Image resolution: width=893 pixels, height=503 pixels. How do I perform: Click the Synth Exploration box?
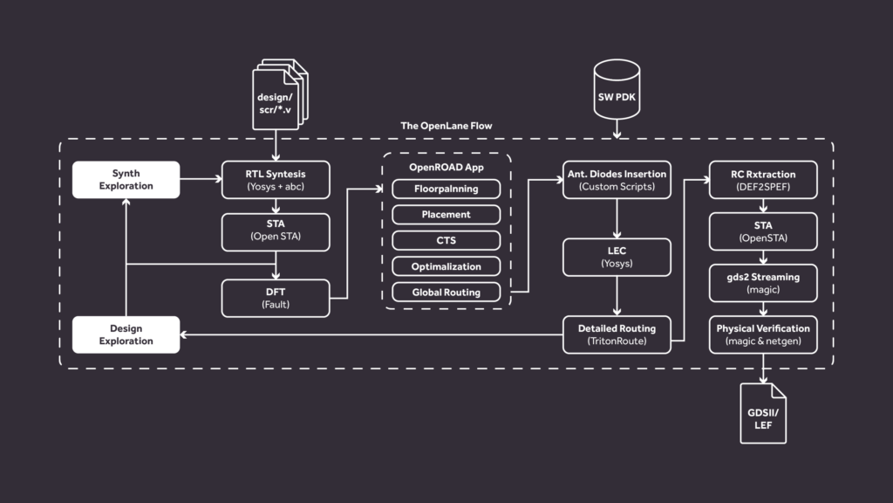coord(126,180)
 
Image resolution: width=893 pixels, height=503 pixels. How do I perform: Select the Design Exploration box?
coord(126,334)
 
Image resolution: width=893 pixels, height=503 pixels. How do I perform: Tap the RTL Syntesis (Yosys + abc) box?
coord(276,180)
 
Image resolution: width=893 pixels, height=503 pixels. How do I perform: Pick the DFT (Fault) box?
coord(276,299)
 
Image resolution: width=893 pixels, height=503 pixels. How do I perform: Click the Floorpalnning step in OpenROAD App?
coord(446,189)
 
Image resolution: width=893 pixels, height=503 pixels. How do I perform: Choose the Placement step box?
coord(446,215)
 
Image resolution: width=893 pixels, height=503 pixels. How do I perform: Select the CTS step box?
coord(446,241)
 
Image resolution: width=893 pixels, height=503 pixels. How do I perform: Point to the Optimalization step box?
coord(446,266)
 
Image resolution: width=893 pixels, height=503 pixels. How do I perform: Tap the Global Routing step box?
coord(446,292)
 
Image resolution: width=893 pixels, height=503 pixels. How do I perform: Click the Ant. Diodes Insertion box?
coord(617,180)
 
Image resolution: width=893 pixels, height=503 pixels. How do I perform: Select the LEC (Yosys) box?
coord(617,258)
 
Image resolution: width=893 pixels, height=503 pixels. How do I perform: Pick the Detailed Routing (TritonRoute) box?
coord(617,334)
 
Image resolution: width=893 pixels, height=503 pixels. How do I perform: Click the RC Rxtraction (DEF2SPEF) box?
coord(763,180)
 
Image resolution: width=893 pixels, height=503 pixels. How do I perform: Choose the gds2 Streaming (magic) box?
coord(763,283)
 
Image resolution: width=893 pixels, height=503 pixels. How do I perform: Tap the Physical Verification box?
coord(763,334)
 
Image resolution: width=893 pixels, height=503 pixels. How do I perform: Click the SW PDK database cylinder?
coord(617,90)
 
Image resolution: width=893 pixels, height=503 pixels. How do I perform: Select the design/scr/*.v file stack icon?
coord(280,94)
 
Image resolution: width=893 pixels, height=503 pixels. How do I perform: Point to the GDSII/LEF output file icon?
coord(763,413)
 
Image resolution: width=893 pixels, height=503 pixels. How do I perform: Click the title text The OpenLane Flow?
coord(446,126)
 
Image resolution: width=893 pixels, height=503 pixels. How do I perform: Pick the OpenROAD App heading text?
coord(446,167)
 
